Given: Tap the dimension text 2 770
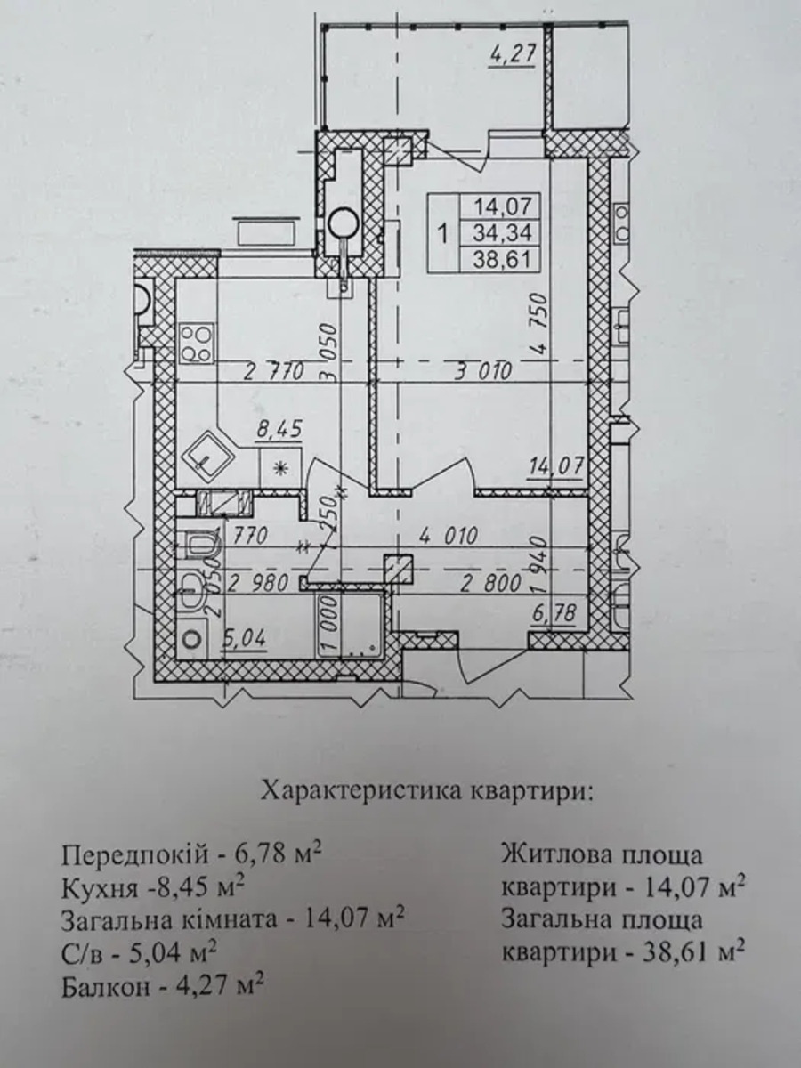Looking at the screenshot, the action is coord(274,372).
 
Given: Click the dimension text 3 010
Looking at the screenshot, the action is coord(482,372).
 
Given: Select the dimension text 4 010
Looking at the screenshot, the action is coord(448,536).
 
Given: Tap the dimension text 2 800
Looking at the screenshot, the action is coord(491,583).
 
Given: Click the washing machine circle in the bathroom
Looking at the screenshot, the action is coord(192,639).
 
